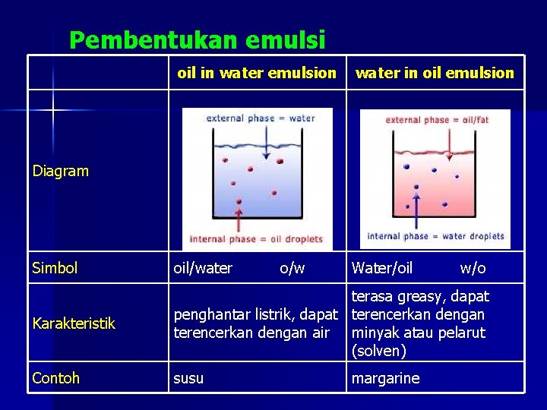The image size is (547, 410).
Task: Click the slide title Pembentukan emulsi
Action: pos(197,39)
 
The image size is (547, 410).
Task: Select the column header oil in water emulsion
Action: pos(256,73)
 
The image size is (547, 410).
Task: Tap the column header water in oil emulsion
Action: pos(435,73)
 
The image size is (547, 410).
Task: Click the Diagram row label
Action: pos(61,172)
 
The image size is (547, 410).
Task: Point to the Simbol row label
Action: pos(55,268)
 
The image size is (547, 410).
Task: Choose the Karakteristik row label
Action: pos(74,323)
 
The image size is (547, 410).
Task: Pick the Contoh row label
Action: pos(55,378)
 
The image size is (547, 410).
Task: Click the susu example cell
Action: pos(188,378)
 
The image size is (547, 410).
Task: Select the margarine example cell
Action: pos(384,378)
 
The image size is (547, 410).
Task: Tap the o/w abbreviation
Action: pos(292,268)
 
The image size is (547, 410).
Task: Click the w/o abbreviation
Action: pos(473,268)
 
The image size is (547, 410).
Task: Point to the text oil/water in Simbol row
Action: pos(203,268)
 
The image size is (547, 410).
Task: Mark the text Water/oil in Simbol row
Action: pos(381,268)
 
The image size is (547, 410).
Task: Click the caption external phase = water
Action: pos(261,118)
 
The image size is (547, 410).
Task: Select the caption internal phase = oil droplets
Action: pos(256,239)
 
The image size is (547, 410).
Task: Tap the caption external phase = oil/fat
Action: pos(437,120)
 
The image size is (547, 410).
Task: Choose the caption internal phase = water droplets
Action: pos(435,236)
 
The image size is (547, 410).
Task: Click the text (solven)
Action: pos(379,351)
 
